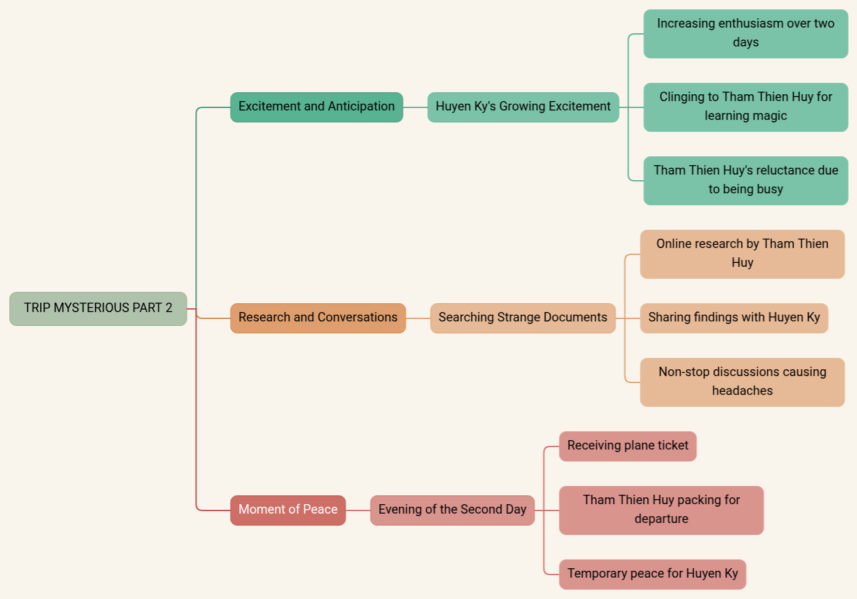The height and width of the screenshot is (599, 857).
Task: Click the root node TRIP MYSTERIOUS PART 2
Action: pyautogui.click(x=98, y=308)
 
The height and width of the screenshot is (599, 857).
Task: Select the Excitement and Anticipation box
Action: pyautogui.click(x=316, y=107)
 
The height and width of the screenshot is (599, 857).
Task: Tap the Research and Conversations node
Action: pyautogui.click(x=318, y=318)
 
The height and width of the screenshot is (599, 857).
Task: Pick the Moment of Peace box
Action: pyautogui.click(x=288, y=510)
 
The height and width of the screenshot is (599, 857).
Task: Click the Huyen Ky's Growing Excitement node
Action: pyautogui.click(x=523, y=107)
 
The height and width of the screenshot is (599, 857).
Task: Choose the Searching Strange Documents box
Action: pyautogui.click(x=522, y=318)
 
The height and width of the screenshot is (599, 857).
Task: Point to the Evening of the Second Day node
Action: pyautogui.click(x=452, y=510)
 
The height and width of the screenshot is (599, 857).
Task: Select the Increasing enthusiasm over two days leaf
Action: pyautogui.click(x=745, y=33)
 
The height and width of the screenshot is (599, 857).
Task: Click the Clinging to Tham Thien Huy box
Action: pyautogui.click(x=745, y=107)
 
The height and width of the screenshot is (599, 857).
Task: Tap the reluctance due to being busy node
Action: pyautogui.click(x=745, y=180)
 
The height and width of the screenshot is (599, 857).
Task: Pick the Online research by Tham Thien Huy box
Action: pyautogui.click(x=742, y=254)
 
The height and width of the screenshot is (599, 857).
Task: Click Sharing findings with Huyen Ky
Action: pyautogui.click(x=734, y=318)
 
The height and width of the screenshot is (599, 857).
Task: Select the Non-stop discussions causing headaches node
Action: pyautogui.click(x=742, y=382)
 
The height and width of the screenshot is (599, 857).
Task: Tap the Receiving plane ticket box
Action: pyautogui.click(x=627, y=446)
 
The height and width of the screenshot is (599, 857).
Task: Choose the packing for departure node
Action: pyautogui.click(x=661, y=510)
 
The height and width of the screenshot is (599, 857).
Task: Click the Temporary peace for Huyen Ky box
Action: pyautogui.click(x=652, y=574)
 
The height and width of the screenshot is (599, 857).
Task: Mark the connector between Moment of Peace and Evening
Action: pyautogui.click(x=358, y=510)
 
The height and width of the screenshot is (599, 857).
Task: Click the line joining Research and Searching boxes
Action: pyautogui.click(x=418, y=318)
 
